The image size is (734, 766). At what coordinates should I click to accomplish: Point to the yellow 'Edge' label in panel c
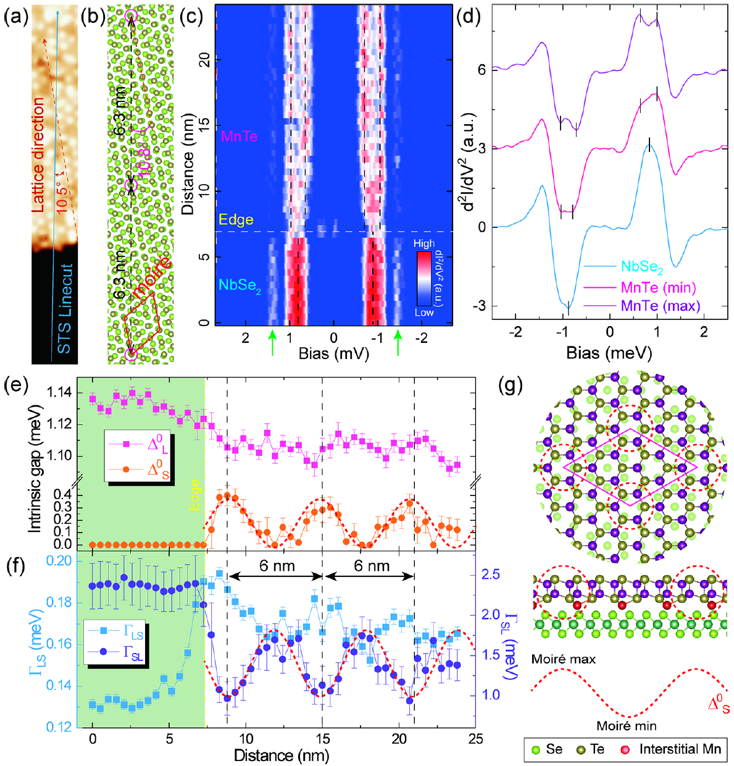pyautogui.click(x=236, y=221)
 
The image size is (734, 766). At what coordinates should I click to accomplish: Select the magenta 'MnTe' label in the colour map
pyautogui.click(x=239, y=137)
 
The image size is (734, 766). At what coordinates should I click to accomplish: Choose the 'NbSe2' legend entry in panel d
pyautogui.click(x=642, y=267)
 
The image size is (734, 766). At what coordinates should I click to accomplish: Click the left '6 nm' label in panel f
pyautogui.click(x=277, y=566)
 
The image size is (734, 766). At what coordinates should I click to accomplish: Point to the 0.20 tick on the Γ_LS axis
pyautogui.click(x=62, y=562)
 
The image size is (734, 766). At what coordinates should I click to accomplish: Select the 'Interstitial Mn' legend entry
pyautogui.click(x=680, y=749)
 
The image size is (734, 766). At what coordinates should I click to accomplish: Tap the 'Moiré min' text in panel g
pyautogui.click(x=626, y=726)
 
